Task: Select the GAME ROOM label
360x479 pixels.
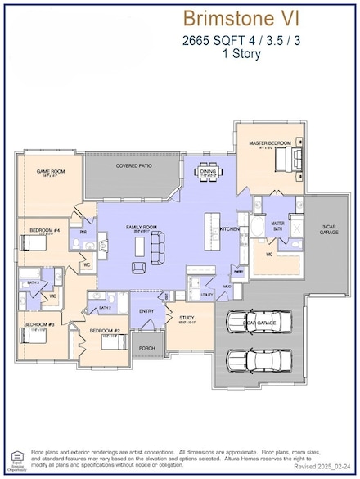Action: click(x=50, y=171)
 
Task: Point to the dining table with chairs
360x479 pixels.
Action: click(x=207, y=170)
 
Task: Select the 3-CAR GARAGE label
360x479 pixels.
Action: click(x=329, y=230)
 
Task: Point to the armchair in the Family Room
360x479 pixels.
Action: click(x=139, y=267)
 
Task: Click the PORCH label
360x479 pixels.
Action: click(x=147, y=347)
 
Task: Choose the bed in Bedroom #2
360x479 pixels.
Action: click(x=110, y=341)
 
